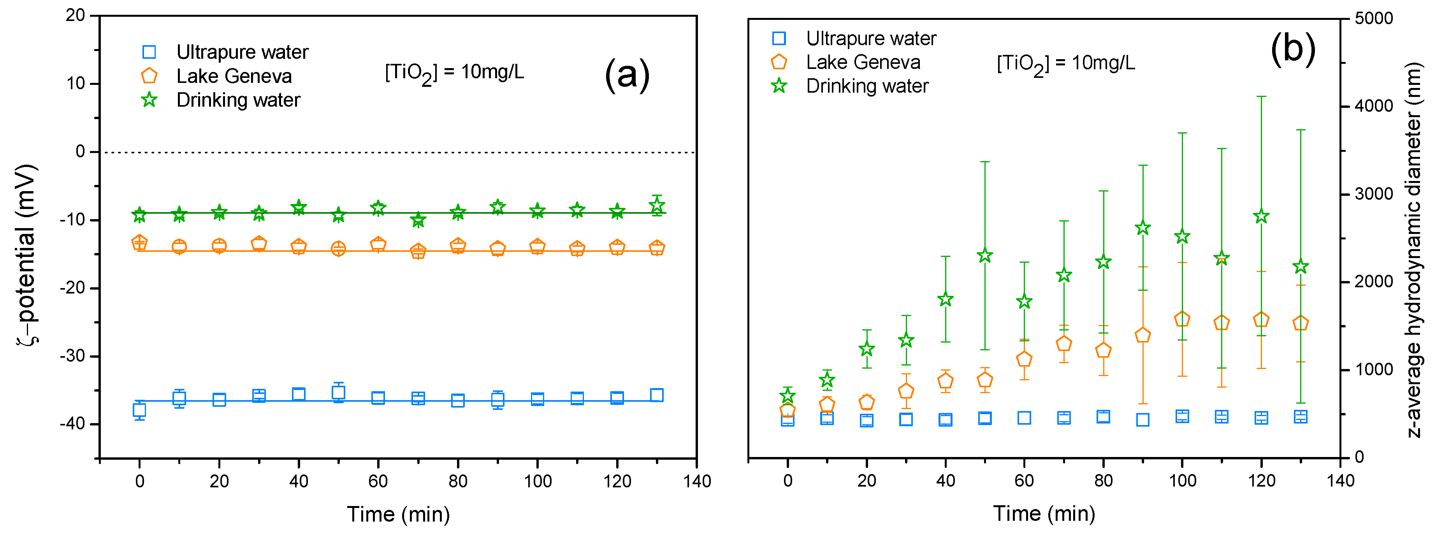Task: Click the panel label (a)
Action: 627,75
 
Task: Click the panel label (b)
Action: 1293,49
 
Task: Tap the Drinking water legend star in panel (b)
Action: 779,86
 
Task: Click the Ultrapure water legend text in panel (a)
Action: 242,52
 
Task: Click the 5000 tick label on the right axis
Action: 1374,18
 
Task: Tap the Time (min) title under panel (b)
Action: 1044,513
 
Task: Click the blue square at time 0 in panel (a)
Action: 139,411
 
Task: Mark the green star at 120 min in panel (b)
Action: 1261,216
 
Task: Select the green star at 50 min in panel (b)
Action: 985,256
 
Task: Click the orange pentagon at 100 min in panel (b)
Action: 1182,319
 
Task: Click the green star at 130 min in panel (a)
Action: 657,206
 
